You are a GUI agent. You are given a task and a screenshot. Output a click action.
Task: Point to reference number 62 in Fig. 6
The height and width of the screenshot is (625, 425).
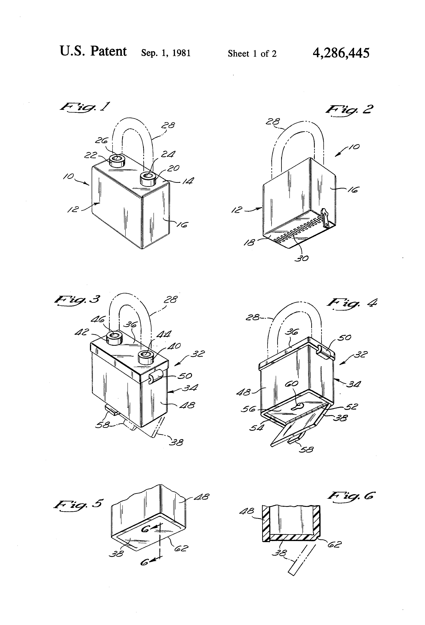point(334,545)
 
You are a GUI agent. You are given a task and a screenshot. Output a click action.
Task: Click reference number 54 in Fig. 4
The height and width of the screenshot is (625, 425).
point(256,427)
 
